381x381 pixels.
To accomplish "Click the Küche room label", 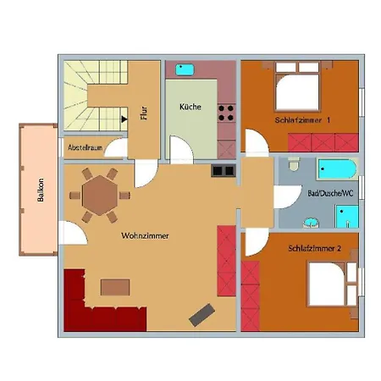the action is coord(190,107).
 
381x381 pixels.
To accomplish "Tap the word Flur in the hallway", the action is coord(144,113).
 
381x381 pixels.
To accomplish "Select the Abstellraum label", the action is coord(85,147).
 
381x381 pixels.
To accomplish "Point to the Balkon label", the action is coord(41,190).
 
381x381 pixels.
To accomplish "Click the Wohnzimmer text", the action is coord(145,235).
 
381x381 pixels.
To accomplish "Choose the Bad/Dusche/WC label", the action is coord(330,193).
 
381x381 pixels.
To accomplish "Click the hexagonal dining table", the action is coord(100,196).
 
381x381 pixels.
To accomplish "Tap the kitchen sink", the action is coord(185,69).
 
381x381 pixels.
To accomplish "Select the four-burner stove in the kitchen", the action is coord(226,113).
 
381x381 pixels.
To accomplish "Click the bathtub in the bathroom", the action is coord(338,169).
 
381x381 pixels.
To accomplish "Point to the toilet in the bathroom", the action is coord(294,164).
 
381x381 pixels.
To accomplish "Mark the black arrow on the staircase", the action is coord(124,119).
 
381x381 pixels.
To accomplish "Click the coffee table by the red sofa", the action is coord(115,287).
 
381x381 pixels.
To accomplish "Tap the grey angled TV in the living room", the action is coord(202,315).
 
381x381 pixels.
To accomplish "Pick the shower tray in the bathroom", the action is coord(347,216).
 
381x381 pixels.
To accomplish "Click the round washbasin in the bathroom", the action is coord(311,223).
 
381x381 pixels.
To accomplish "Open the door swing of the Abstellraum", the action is coord(116,147).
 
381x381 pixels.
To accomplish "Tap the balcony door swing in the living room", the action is coord(73,233).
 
